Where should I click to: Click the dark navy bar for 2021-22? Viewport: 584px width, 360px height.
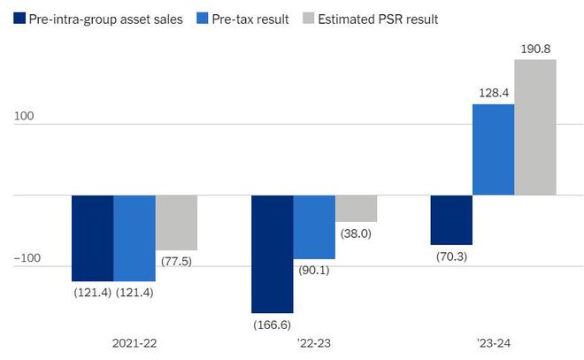click(92, 238)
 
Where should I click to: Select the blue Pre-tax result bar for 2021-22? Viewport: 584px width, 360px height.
click(134, 238)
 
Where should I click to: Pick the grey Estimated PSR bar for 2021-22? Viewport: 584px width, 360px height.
click(176, 222)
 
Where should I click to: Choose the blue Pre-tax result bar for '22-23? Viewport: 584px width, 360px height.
click(314, 227)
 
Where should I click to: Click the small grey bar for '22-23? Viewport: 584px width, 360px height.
click(356, 209)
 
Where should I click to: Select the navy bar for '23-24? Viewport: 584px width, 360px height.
click(451, 219)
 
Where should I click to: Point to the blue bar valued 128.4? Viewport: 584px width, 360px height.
click(493, 149)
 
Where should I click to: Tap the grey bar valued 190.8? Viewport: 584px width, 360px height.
click(535, 127)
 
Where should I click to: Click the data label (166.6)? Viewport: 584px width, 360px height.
click(272, 325)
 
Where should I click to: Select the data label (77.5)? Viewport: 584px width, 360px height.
click(176, 262)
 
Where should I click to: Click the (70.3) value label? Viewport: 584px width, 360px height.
click(451, 257)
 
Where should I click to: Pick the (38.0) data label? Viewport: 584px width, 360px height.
click(356, 234)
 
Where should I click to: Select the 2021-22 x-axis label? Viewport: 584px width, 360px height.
click(134, 341)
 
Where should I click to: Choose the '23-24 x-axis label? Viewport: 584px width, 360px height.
click(493, 341)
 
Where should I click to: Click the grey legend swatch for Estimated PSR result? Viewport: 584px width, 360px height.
click(307, 18)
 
